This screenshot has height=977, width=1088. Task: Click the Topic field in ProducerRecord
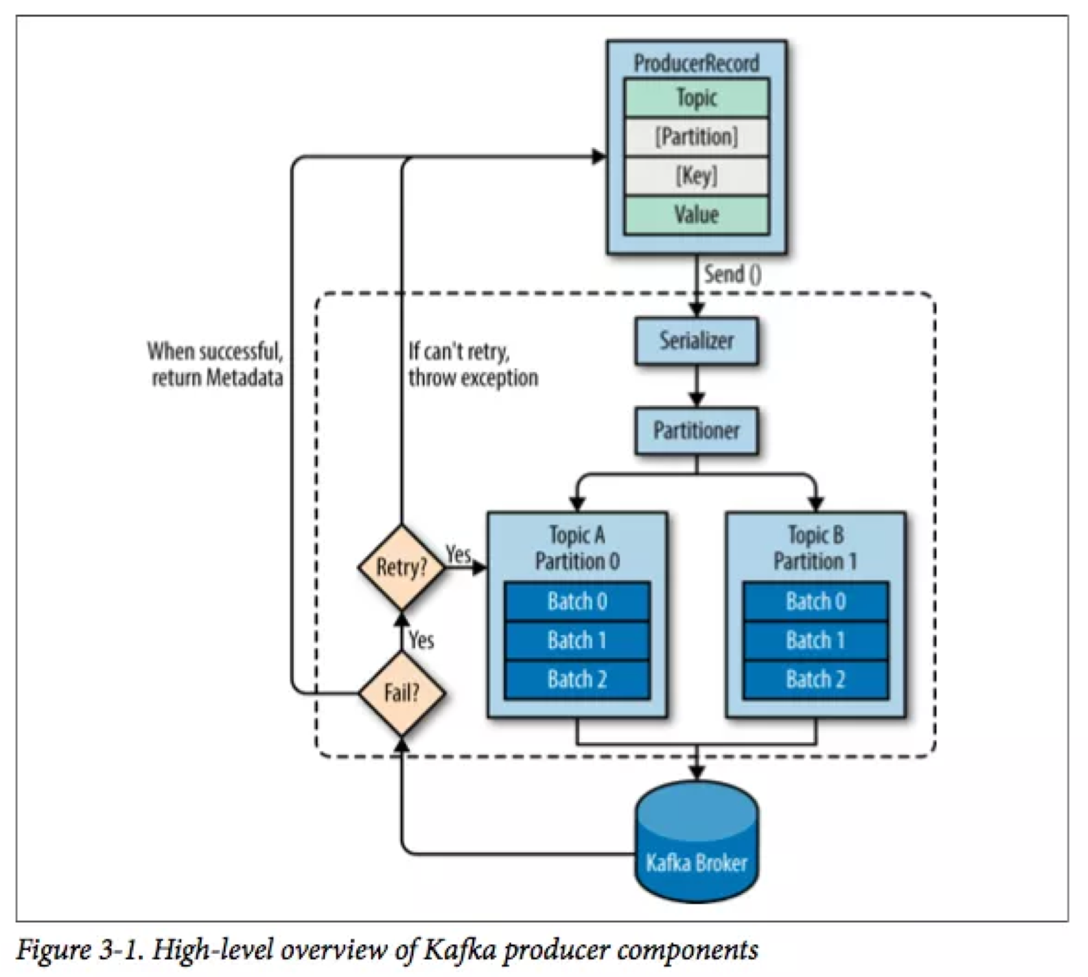tap(697, 98)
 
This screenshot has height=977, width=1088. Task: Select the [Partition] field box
tap(697, 137)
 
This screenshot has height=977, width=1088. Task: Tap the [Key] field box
tap(697, 176)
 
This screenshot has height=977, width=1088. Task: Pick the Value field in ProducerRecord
tap(697, 215)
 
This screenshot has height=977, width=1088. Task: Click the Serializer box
tap(697, 341)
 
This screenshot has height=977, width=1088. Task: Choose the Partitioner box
tap(697, 431)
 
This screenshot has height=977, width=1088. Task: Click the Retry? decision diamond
tap(402, 567)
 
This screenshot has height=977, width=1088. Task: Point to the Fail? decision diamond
tap(402, 693)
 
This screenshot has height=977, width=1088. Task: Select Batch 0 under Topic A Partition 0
tap(577, 601)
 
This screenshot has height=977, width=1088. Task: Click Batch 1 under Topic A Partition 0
tap(577, 640)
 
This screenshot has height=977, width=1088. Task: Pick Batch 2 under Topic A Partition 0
tap(577, 680)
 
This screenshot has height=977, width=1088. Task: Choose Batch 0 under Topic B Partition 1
tap(816, 601)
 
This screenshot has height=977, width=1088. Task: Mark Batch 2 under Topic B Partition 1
tap(816, 680)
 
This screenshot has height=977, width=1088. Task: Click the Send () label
tap(733, 274)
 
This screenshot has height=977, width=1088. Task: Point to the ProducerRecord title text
tap(697, 63)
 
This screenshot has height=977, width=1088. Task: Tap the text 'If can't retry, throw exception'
tap(473, 364)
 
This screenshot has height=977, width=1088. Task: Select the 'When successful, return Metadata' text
tap(215, 364)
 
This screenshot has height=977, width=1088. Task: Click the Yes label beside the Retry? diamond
tap(458, 553)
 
